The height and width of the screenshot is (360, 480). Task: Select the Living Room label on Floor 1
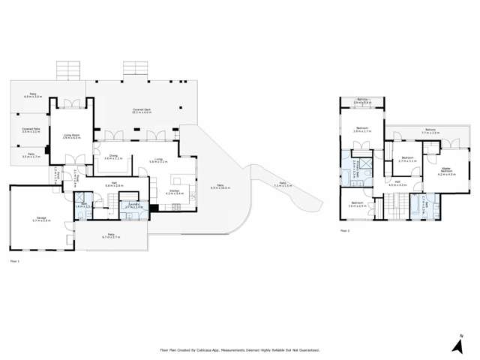click(x=71, y=136)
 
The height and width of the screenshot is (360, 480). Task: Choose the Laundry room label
click(x=135, y=205)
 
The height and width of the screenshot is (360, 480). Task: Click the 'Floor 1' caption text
click(x=13, y=261)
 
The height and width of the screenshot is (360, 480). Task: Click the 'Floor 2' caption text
click(x=345, y=231)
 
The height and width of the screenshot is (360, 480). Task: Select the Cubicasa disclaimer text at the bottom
click(x=240, y=349)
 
